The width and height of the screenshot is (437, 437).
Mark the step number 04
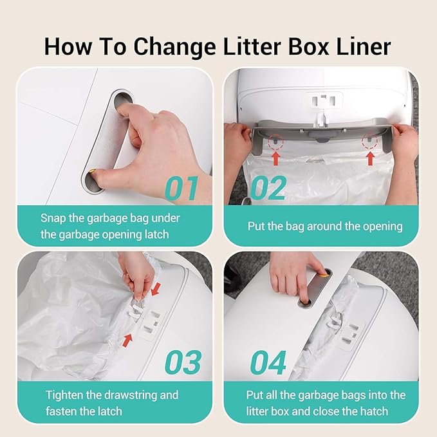268,362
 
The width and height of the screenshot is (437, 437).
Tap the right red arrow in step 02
371,156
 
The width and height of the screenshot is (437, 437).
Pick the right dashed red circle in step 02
369,140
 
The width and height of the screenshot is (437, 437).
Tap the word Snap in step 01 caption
53,218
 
